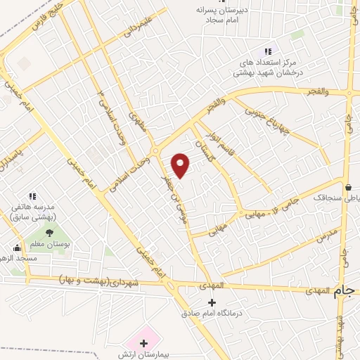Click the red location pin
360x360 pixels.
click(x=181, y=165)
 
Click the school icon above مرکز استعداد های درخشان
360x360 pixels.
click(x=267, y=51)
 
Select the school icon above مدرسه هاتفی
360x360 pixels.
click(x=32, y=195)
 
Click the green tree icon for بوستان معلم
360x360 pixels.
click(x=49, y=233)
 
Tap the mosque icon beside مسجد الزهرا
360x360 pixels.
click(x=17, y=247)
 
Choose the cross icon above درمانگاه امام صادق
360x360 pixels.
click(x=212, y=302)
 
